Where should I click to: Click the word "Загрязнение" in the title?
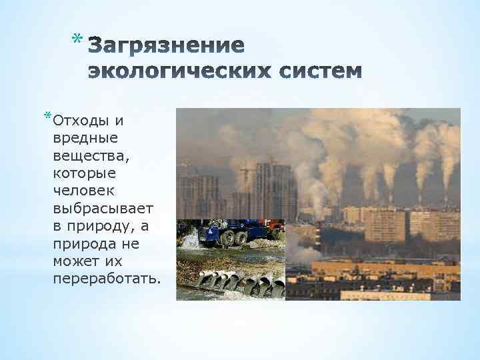tap(167, 46)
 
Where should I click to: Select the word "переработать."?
tap(106, 277)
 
